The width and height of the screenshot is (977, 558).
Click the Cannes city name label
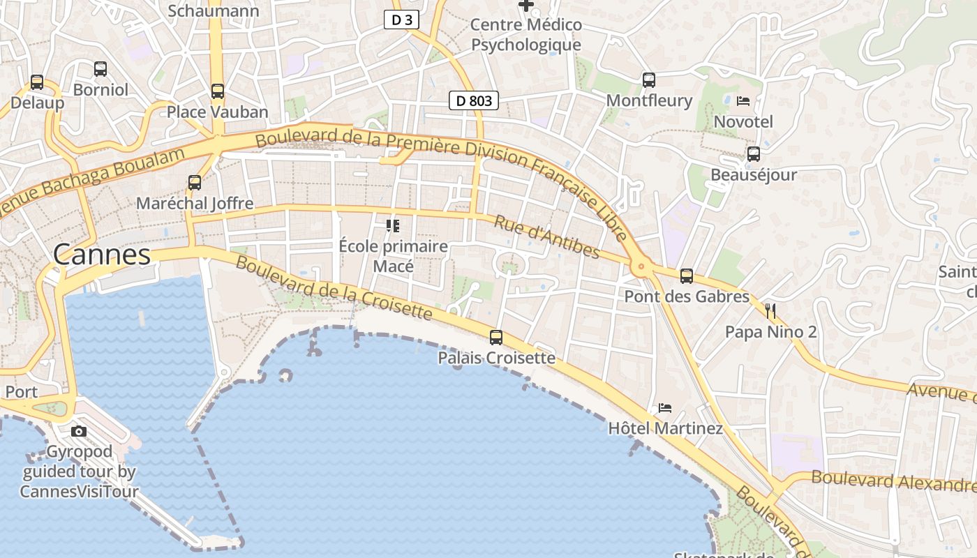click(102, 255)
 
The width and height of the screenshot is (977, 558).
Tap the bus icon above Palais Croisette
click(496, 338)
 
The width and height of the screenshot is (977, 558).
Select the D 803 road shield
click(474, 101)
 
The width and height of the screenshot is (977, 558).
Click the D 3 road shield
click(401, 20)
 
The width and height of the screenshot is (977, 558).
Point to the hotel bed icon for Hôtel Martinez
click(664, 407)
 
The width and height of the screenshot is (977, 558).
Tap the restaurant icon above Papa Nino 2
click(770, 311)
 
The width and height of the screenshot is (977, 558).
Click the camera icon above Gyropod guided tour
click(79, 431)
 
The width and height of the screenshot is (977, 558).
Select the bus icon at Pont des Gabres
click(687, 276)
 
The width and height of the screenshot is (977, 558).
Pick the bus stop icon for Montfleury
click(649, 80)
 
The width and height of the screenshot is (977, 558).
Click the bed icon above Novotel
click(743, 101)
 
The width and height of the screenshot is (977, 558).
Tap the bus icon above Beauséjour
click(754, 154)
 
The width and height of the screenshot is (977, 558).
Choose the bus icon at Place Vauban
click(218, 91)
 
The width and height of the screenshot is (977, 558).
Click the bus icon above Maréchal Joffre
click(195, 183)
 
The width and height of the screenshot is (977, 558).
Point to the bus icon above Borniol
click(100, 69)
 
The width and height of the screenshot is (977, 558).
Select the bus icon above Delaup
click(37, 82)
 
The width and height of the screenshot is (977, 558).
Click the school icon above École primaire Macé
click(393, 226)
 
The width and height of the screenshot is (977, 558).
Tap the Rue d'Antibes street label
click(547, 237)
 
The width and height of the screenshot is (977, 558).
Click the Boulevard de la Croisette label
click(334, 287)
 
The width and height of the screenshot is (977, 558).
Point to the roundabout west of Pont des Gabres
click(640, 266)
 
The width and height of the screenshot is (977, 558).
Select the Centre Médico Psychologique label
click(526, 35)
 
